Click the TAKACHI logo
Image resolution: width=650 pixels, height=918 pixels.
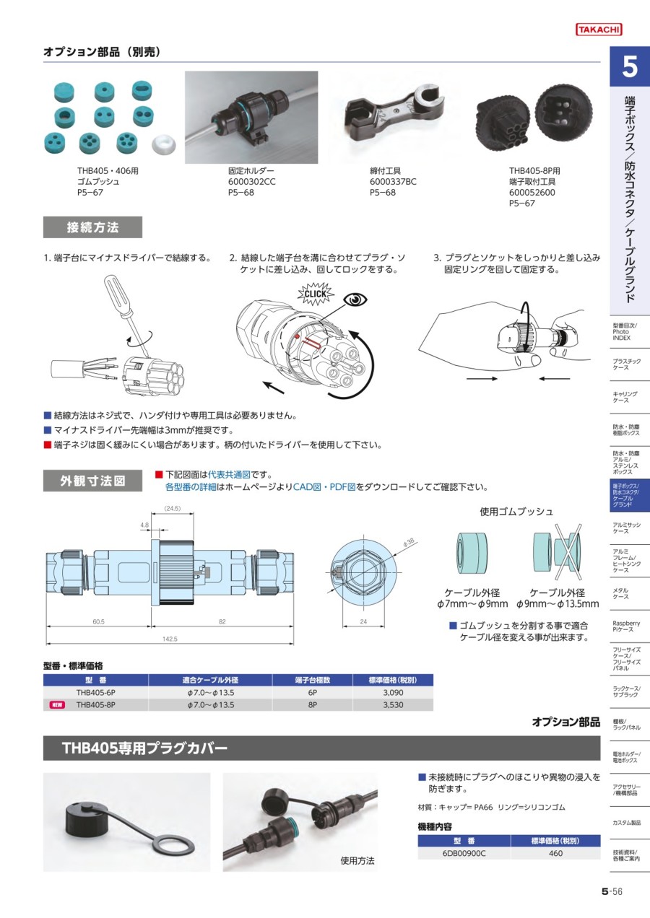(x=599, y=30)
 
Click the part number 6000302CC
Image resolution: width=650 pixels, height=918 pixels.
(x=252, y=182)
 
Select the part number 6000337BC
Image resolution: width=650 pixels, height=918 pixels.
(x=393, y=182)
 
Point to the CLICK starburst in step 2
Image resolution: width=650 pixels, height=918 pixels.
(x=316, y=294)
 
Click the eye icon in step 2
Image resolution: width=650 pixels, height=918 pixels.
(x=355, y=300)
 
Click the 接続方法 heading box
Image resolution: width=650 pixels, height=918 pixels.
(x=92, y=227)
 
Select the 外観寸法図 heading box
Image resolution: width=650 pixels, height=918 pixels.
(x=92, y=481)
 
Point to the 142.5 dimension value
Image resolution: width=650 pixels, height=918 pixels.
(x=170, y=639)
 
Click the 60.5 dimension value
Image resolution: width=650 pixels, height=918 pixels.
(x=98, y=621)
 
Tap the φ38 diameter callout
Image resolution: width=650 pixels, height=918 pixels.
(x=409, y=542)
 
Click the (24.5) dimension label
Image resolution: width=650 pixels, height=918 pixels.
(x=173, y=508)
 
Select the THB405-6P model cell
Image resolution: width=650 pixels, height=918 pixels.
(x=96, y=692)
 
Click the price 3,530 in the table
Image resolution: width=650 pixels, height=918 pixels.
(x=394, y=705)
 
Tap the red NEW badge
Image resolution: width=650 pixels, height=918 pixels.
(x=57, y=705)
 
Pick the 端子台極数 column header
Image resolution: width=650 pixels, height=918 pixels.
(x=313, y=680)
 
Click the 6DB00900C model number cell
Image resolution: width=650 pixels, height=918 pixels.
(x=464, y=853)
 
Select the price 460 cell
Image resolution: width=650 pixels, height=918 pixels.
(x=555, y=853)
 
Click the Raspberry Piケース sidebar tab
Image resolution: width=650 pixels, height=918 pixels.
(x=626, y=626)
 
